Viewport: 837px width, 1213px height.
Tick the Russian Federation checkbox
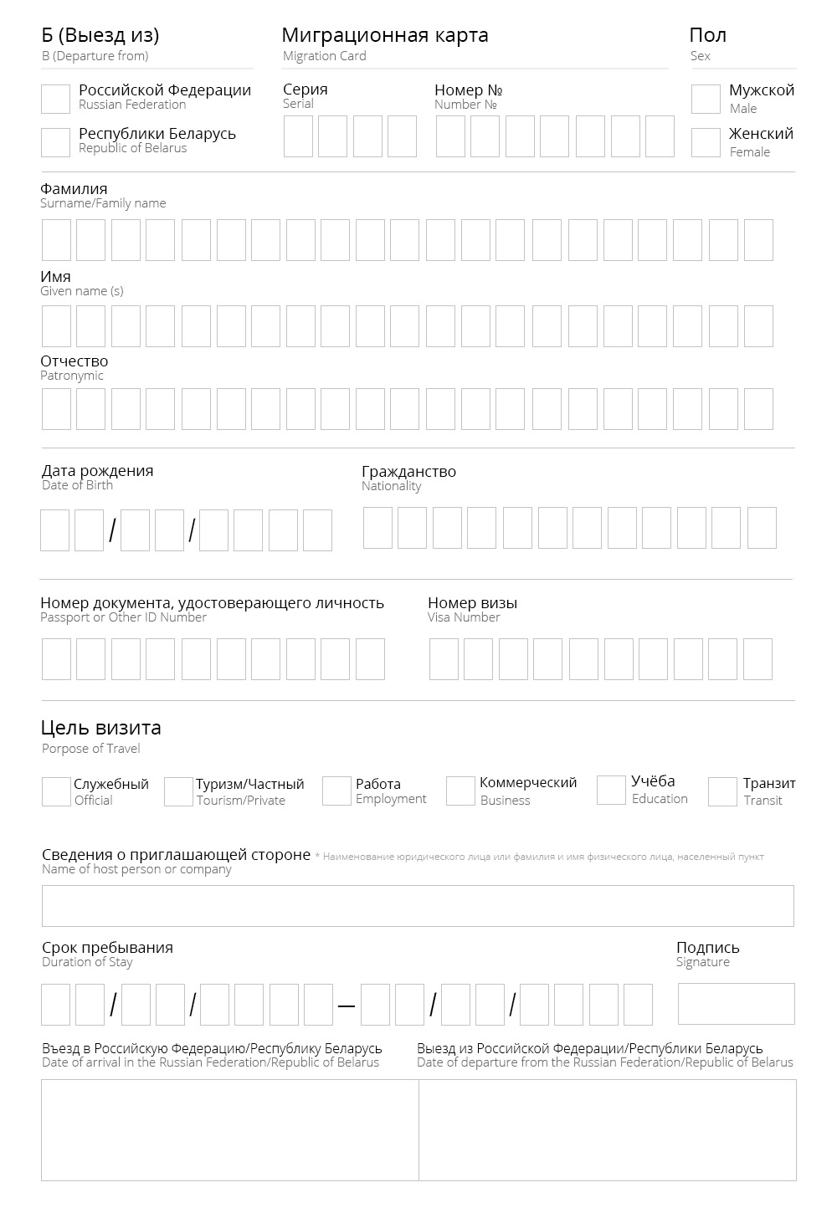(55, 99)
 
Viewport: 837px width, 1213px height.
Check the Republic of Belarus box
(55, 142)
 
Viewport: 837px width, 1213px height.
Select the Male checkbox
(706, 99)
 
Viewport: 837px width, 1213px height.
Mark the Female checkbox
(706, 142)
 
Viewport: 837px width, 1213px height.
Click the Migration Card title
(385, 35)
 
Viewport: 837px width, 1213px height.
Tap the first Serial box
(298, 136)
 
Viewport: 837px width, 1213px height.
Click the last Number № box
(660, 136)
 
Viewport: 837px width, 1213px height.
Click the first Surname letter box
(56, 240)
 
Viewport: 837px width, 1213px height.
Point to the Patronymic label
(74, 361)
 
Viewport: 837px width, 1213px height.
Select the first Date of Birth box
(54, 530)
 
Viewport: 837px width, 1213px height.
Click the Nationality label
(408, 472)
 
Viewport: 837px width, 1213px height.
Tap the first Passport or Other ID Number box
(56, 659)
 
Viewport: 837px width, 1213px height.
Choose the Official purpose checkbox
(56, 791)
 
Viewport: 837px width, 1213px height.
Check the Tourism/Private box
(178, 791)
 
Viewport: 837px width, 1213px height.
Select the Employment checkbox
(336, 791)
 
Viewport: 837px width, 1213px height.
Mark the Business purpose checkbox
(460, 791)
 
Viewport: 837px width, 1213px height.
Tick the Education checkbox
(611, 790)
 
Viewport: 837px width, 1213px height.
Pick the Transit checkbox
(722, 791)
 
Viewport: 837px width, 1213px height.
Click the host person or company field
(418, 906)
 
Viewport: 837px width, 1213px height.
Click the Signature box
(736, 1004)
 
